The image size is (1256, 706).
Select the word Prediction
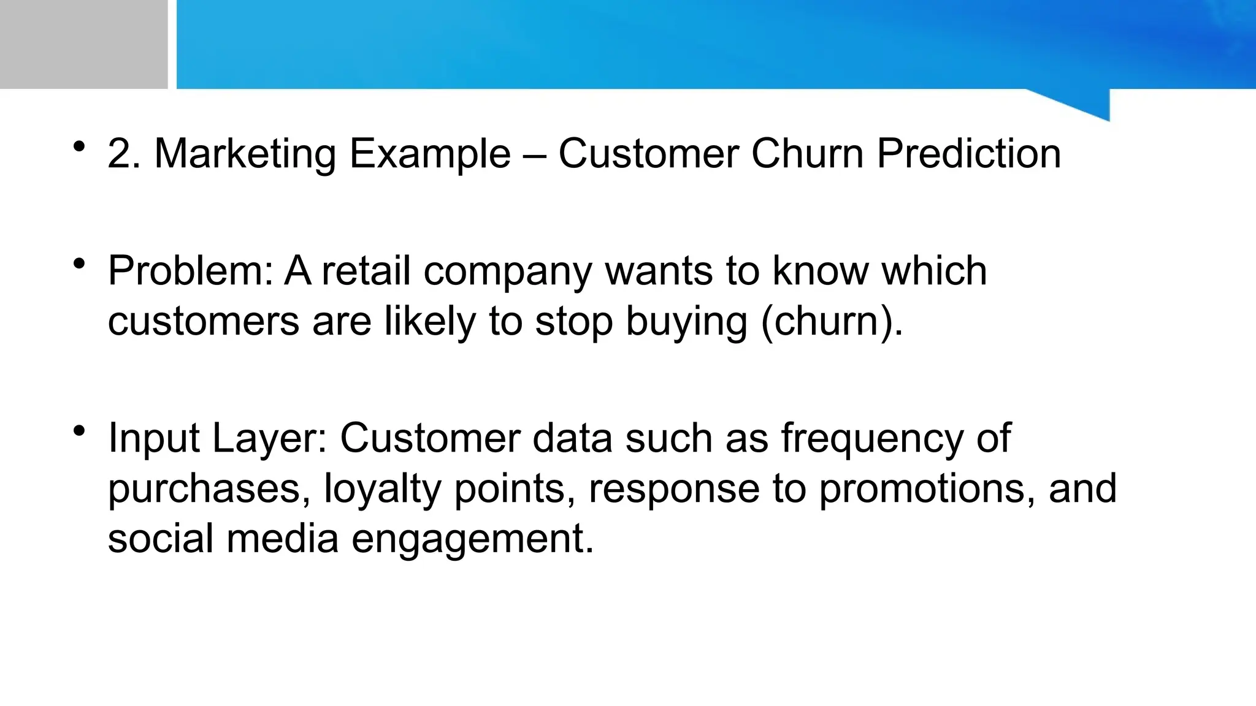coord(968,153)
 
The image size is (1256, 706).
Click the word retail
coord(366,271)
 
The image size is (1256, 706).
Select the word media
coord(283,539)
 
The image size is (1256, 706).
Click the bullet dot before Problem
coord(78,264)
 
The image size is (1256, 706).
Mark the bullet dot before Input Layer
coord(78,431)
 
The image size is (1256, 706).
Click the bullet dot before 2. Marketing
coord(78,146)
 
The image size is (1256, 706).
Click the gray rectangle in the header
coord(83,44)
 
